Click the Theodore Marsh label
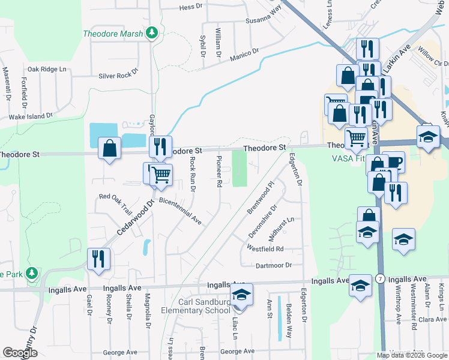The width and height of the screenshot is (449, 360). [x=113, y=34]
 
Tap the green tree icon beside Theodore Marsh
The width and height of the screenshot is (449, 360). [x=152, y=33]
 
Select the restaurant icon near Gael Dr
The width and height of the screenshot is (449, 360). [x=98, y=259]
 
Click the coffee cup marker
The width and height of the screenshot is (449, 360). [x=394, y=162]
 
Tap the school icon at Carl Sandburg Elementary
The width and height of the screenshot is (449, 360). [x=241, y=295]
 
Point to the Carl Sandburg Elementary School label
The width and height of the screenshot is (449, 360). [x=195, y=306]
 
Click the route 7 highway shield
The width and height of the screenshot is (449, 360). [x=380, y=280]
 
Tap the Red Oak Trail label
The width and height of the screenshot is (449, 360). [x=115, y=205]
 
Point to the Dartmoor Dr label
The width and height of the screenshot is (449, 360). [x=273, y=265]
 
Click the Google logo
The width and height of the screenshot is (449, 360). [x=20, y=353]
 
